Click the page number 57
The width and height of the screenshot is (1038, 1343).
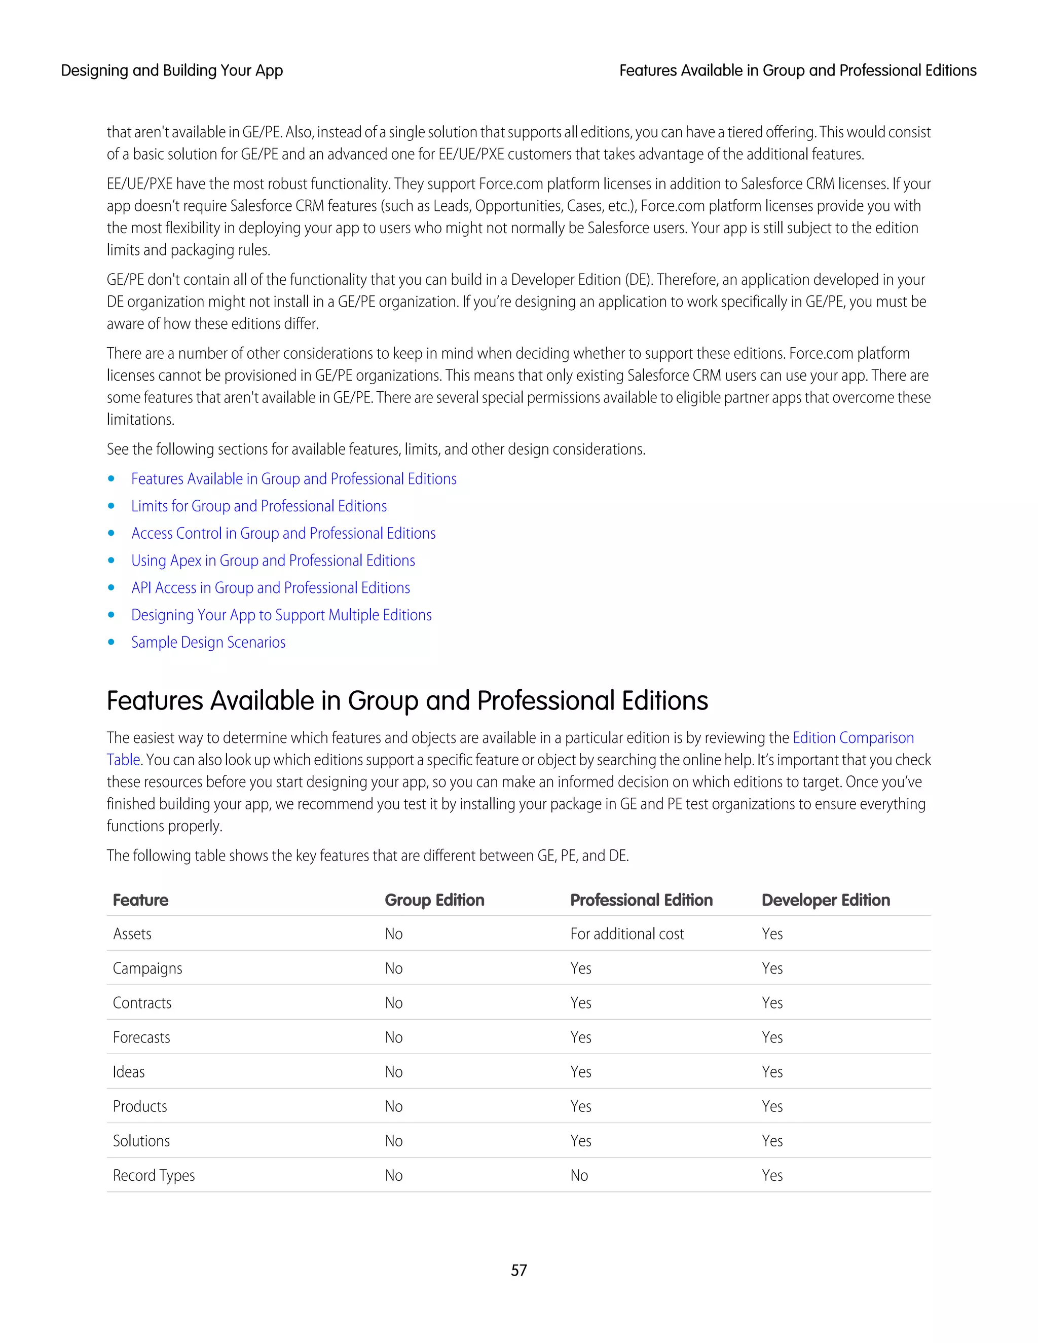pyautogui.click(x=518, y=1271)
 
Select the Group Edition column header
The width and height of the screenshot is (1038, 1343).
pyautogui.click(x=434, y=900)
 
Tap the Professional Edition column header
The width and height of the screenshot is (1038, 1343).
pyautogui.click(x=641, y=900)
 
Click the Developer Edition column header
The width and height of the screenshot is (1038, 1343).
pyautogui.click(x=825, y=900)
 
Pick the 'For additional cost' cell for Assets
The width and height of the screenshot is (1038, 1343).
pyautogui.click(x=626, y=934)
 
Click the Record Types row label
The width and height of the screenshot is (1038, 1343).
pyautogui.click(x=154, y=1176)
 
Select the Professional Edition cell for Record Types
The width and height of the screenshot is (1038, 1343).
pyautogui.click(x=579, y=1176)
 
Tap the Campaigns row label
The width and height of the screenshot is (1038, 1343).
pyautogui.click(x=147, y=968)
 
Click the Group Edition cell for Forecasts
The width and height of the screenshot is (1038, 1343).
pyautogui.click(x=393, y=1038)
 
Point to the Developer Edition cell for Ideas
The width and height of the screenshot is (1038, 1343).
pyautogui.click(x=772, y=1072)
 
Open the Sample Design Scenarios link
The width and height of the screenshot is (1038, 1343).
pyautogui.click(x=208, y=643)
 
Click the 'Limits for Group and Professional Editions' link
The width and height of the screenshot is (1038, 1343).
pyautogui.click(x=259, y=506)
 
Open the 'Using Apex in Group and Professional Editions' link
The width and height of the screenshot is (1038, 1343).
pyautogui.click(x=273, y=561)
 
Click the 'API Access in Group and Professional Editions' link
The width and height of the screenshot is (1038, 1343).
pyautogui.click(x=271, y=588)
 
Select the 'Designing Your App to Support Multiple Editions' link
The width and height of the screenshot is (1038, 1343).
pyautogui.click(x=281, y=616)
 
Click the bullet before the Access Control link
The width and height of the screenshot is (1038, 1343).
pyautogui.click(x=112, y=534)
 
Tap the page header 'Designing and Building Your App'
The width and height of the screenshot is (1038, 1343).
pyautogui.click(x=172, y=71)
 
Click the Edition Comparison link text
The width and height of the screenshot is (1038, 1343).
pyautogui.click(x=853, y=738)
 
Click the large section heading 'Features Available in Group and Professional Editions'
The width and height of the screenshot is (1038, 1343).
pyautogui.click(x=407, y=701)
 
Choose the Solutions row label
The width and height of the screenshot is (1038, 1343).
pyautogui.click(x=141, y=1141)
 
